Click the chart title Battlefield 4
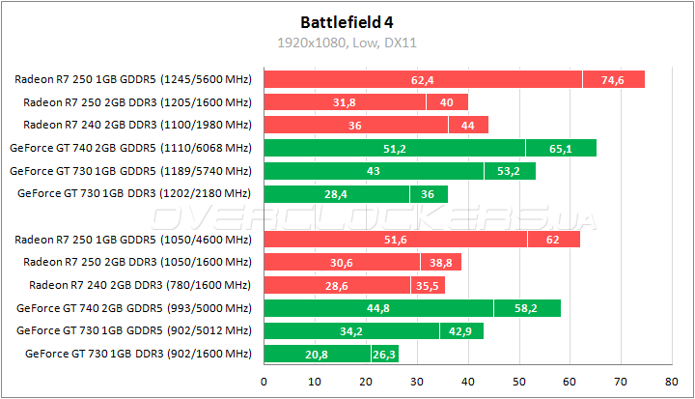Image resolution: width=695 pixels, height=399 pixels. (347, 20)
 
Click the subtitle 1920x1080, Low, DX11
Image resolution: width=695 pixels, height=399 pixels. (347, 43)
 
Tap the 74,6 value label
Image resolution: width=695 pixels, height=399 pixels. (613, 79)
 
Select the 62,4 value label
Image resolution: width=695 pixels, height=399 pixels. (422, 79)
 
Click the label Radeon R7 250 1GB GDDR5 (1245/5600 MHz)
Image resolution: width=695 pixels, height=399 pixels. (133, 79)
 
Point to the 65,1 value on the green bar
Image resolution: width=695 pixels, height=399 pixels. (561, 148)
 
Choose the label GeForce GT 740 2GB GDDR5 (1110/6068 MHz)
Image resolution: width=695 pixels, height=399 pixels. (130, 148)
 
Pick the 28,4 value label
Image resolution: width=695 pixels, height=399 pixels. (336, 193)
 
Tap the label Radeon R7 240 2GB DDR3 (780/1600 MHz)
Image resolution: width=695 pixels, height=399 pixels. (140, 285)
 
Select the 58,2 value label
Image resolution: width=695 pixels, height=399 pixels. (526, 308)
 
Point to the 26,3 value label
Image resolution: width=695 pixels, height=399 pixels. (384, 354)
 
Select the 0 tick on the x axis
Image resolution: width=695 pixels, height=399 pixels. (264, 382)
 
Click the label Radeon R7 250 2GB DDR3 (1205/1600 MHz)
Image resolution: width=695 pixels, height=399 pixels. (137, 101)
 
